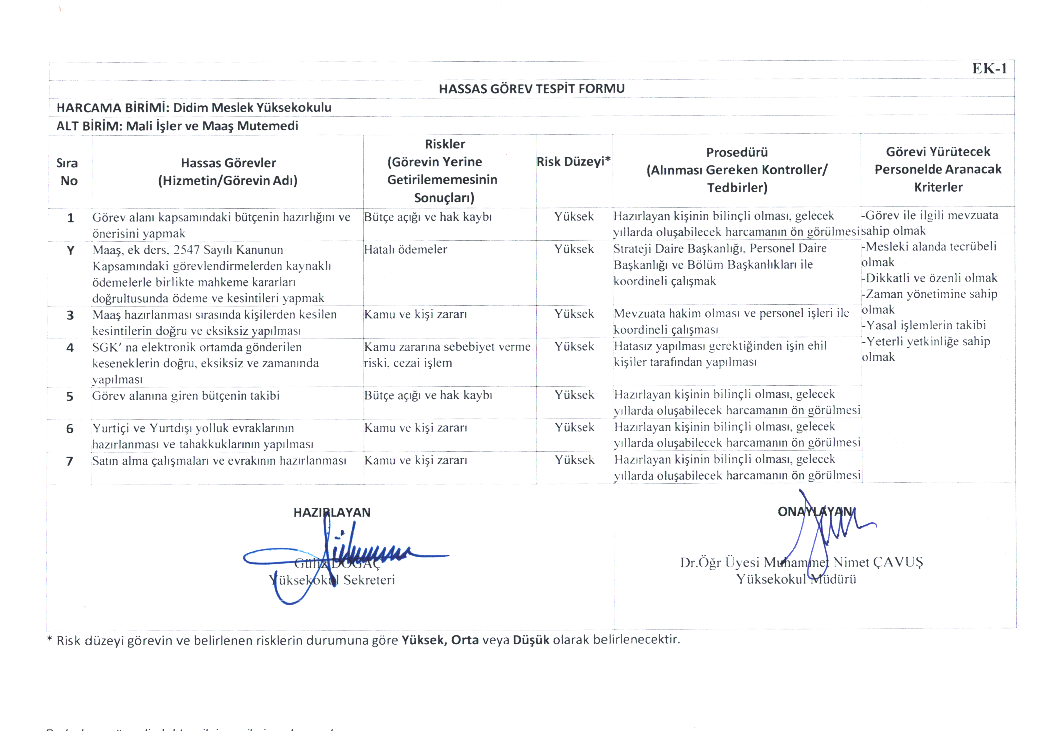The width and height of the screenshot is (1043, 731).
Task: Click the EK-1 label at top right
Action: tap(989, 69)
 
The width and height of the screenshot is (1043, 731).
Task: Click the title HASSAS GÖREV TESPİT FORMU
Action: tap(532, 89)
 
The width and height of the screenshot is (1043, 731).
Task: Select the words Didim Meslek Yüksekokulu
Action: tap(252, 108)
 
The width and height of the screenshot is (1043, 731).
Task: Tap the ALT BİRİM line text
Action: tap(177, 126)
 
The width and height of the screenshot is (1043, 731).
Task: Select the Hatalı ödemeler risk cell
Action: tap(405, 250)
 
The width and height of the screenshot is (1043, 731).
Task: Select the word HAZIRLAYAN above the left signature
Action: tap(332, 513)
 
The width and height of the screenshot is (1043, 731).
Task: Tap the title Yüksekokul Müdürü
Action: tap(796, 579)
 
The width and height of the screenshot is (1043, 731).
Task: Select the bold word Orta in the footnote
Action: tap(465, 640)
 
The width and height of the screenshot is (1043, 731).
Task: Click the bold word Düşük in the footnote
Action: tap(531, 640)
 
